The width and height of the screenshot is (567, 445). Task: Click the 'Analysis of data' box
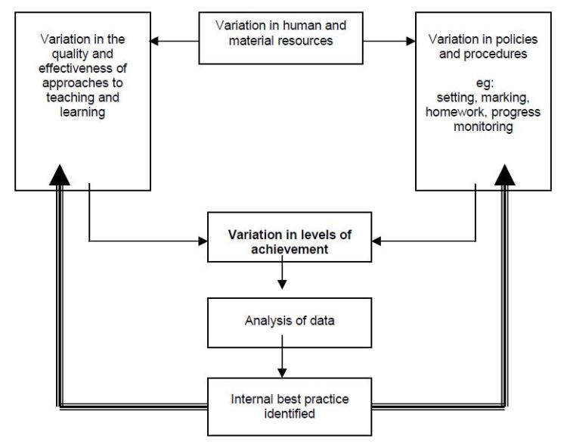[x=290, y=322]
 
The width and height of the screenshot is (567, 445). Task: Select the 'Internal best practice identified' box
[x=290, y=406]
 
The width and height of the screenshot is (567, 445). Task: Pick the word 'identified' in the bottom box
[x=290, y=414]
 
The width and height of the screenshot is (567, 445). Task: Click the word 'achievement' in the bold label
[x=290, y=249]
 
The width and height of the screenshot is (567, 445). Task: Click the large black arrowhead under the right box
[x=504, y=176]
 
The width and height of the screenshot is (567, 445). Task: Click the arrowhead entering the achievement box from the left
[x=203, y=241]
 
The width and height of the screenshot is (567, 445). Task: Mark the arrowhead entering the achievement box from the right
[x=377, y=241]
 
